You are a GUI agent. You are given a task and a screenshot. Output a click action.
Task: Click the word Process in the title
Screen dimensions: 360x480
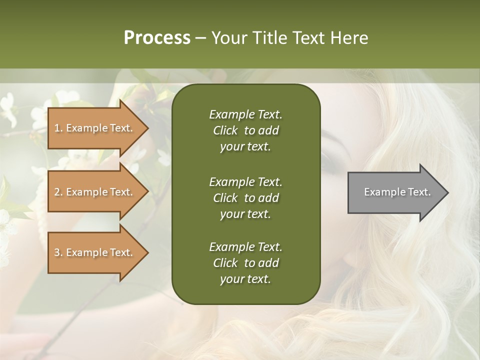(157, 38)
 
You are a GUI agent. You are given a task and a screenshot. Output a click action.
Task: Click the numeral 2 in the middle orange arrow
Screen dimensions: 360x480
(57, 192)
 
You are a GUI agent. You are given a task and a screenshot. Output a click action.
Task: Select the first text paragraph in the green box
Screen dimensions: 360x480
(245, 130)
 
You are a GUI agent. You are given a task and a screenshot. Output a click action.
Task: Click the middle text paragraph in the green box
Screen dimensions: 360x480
(245, 197)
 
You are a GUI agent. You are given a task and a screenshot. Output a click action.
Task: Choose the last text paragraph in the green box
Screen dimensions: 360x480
(245, 263)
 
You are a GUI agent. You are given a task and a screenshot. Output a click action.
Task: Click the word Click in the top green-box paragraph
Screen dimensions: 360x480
(225, 130)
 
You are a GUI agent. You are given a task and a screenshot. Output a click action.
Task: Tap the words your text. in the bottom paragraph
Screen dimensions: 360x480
(245, 279)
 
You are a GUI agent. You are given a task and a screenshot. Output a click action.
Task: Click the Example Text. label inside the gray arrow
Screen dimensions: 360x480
(397, 192)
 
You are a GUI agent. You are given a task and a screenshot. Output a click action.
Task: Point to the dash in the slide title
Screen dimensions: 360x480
(200, 38)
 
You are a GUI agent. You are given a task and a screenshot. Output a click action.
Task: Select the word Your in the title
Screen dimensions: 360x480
(228, 38)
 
